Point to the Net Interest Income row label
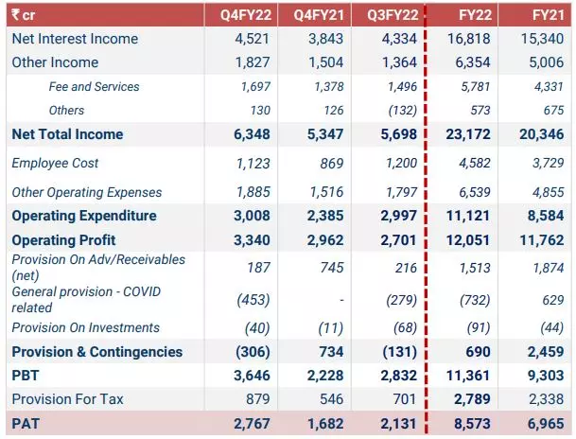(x=75, y=39)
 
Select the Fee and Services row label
(x=95, y=86)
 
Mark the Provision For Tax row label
(x=67, y=399)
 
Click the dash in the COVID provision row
(x=340, y=300)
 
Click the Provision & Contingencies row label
(x=96, y=352)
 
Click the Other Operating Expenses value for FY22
(x=475, y=192)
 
